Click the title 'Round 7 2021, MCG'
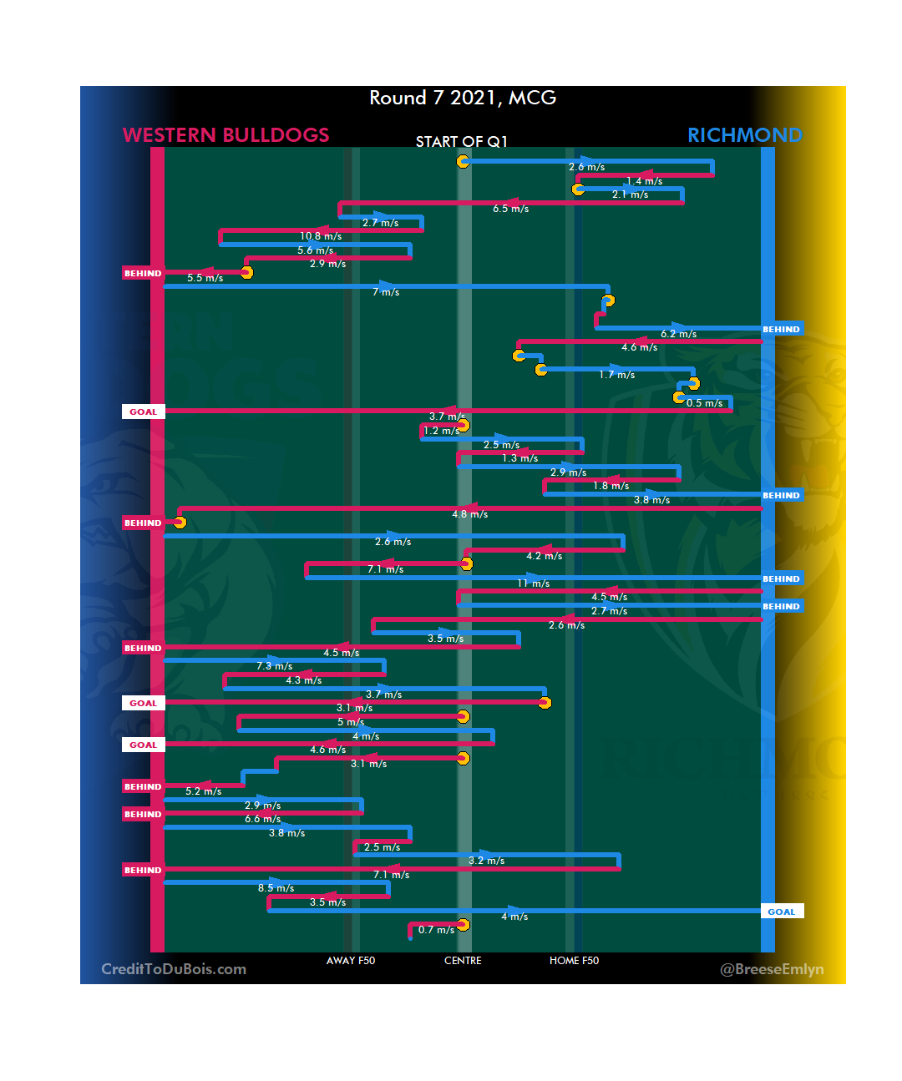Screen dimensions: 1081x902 point(463,98)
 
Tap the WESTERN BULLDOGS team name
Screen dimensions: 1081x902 point(225,135)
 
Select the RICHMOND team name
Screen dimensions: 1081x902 point(744,135)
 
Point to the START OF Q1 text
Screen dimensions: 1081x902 point(461,142)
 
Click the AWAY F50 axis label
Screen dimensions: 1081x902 point(351,961)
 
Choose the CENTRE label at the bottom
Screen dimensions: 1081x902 point(463,961)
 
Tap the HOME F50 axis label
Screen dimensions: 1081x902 point(574,961)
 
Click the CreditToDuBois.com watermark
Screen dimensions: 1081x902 point(174,969)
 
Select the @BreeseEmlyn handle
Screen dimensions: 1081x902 point(772,969)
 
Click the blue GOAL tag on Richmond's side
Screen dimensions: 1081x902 point(782,912)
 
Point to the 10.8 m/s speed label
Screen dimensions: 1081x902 point(321,236)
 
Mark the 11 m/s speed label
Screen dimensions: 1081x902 point(533,583)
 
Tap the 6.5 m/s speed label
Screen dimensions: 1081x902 point(510,209)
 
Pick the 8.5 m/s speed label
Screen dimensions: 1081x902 point(276,888)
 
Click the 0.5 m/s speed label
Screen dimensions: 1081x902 point(705,403)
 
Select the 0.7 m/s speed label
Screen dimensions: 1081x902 point(436,930)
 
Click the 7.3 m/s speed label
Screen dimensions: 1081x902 point(274,666)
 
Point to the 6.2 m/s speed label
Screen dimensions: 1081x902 point(678,334)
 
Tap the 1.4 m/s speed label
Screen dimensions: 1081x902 point(644,181)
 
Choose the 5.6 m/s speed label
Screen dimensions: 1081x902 point(315,250)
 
